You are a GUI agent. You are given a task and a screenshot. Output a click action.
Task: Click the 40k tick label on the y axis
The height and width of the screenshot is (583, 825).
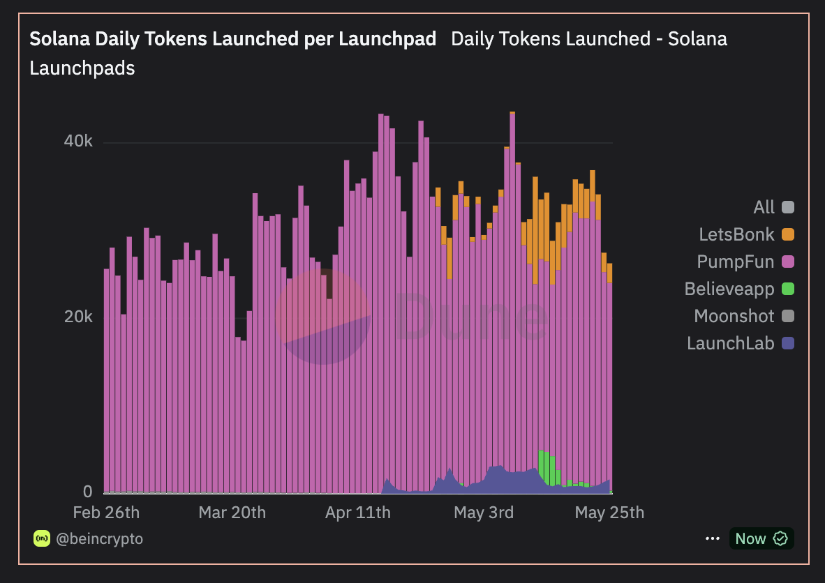tap(78, 142)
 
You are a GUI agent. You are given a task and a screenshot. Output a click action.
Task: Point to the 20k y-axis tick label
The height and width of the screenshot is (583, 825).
tap(78, 317)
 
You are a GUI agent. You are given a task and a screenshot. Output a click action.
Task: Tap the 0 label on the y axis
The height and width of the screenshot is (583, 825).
tap(87, 492)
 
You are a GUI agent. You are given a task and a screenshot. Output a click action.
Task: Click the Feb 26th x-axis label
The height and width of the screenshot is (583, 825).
tap(106, 513)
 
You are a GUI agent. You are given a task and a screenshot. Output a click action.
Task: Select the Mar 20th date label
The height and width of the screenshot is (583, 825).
tap(232, 513)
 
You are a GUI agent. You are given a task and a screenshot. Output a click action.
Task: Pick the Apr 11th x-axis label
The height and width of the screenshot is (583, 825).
tap(357, 513)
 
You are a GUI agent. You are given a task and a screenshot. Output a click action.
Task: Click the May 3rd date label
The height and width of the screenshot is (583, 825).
tap(483, 513)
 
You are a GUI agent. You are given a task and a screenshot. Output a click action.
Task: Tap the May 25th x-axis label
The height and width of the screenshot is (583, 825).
tap(609, 513)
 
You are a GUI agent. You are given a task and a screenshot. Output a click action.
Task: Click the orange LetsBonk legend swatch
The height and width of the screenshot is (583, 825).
tap(788, 234)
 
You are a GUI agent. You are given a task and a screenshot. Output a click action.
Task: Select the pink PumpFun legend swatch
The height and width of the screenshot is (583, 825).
tap(788, 262)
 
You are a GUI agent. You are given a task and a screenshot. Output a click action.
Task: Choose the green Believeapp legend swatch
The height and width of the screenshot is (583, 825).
tap(788, 289)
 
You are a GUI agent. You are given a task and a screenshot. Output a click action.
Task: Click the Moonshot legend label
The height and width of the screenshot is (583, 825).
tap(734, 316)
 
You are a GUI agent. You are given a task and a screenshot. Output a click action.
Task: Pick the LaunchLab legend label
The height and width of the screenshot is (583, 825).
tap(730, 343)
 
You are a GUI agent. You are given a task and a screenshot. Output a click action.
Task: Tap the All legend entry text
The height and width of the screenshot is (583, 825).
tap(764, 207)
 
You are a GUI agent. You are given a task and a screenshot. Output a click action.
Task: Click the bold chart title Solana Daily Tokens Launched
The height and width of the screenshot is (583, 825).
tap(232, 39)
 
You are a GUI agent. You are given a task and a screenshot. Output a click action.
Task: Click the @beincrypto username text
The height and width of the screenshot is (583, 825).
tap(100, 538)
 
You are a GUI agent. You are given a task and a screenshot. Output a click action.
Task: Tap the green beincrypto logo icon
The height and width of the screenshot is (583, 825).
tap(42, 538)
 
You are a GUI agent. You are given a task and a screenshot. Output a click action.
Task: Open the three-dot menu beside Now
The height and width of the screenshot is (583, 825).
tap(712, 538)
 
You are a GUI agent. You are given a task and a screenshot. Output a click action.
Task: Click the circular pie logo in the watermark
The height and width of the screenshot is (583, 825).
tap(323, 317)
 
